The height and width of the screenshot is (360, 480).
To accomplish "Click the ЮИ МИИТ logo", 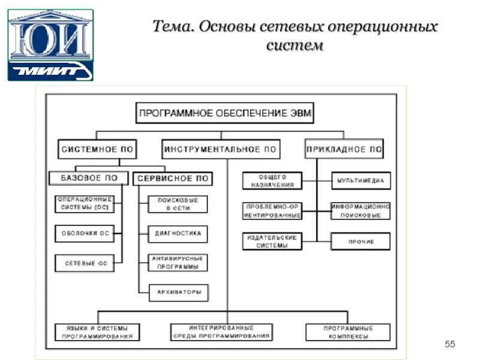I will tap(50, 44).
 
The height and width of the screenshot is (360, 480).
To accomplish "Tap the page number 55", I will tap(450, 344).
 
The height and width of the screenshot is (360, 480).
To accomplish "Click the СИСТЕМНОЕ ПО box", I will tap(97, 149).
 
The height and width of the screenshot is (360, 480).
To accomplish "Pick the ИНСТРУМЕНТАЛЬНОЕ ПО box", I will tap(221, 149).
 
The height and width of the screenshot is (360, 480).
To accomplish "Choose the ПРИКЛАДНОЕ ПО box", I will tap(344, 149).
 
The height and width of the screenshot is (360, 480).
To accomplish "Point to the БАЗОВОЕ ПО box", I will tap(89, 178).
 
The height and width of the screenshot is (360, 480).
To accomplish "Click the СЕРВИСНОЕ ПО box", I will tap(172, 178).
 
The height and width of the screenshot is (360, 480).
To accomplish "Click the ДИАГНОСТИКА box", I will tap(178, 233).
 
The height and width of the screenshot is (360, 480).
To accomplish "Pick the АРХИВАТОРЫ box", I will tap(178, 293).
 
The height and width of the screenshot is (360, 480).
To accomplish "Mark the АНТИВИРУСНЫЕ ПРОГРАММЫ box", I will tap(178, 263).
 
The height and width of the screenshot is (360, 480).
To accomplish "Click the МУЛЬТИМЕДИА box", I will tap(361, 180).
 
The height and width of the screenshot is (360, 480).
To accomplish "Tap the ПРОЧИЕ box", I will tap(361, 242).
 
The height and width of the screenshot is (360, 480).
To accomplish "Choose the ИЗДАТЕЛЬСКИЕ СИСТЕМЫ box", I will tap(272, 242).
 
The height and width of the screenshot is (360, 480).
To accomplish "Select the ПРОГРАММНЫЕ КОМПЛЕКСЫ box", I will tap(348, 332).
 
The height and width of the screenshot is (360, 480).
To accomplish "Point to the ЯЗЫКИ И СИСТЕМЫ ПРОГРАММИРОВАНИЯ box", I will tap(97, 332).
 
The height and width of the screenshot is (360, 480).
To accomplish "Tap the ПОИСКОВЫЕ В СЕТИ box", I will tap(178, 204).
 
